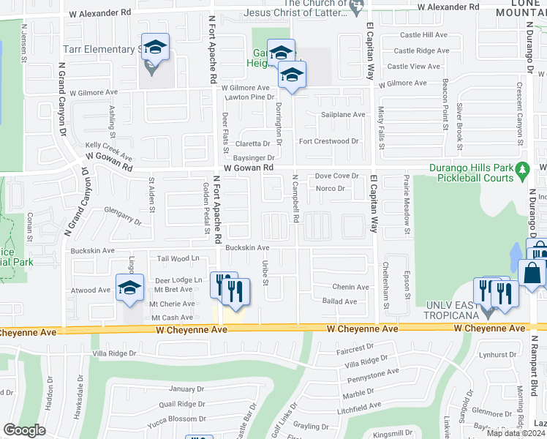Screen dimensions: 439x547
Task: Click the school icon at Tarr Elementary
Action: tap(155, 48)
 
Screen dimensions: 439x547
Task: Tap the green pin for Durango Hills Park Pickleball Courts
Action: tap(522, 170)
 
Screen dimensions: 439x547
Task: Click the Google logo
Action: tap(24, 430)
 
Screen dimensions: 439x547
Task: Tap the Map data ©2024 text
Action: tap(516, 433)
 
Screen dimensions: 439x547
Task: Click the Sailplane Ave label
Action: tap(343, 115)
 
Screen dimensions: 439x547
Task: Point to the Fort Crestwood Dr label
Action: tap(329, 141)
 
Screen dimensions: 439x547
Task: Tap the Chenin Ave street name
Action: tap(350, 288)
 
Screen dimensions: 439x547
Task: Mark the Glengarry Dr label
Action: tap(122, 215)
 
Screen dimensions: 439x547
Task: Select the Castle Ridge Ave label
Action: tap(421, 50)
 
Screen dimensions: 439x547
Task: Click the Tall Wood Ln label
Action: tap(178, 258)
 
